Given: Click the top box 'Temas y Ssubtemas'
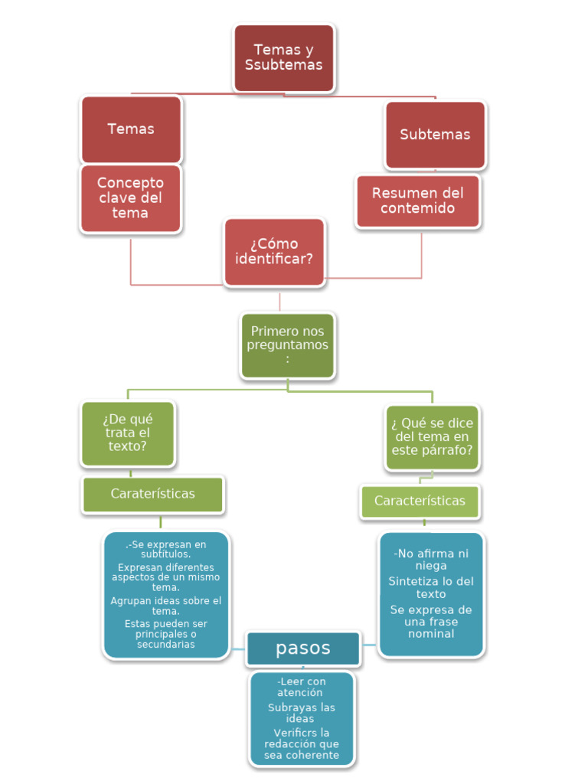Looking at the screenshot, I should coord(284,57).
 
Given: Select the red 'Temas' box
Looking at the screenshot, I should coord(131,129).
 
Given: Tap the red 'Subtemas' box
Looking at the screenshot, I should coord(435,134).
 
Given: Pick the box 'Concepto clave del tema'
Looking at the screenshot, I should coord(130,198).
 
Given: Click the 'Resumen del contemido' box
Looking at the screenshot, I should coord(418,201).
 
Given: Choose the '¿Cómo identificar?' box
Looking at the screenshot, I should coord(274,252).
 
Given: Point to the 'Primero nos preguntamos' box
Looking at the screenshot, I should coord(287,345).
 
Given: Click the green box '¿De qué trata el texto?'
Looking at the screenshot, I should coord(128,433).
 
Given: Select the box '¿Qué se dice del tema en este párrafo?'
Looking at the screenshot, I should coord(432,436).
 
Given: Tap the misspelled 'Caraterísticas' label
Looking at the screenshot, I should coord(153,494).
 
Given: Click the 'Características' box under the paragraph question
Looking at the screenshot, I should coord(420,501).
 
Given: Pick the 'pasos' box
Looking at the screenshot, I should coord(303,648).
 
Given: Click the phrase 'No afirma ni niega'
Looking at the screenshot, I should coord(431,560).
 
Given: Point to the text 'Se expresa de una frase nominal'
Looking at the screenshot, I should coord(431,622).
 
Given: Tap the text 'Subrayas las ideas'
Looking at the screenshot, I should coord(301,713).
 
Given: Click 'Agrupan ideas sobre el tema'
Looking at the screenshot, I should coord(166,606).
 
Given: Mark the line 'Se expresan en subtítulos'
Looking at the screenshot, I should coord(166,549).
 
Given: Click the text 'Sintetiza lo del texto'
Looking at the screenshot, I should coord(431,588).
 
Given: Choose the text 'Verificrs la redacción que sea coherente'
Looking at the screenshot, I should coord(302,744).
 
